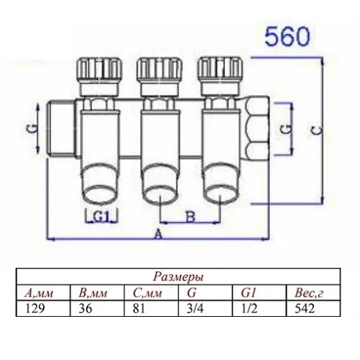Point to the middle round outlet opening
(x=157, y=194)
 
